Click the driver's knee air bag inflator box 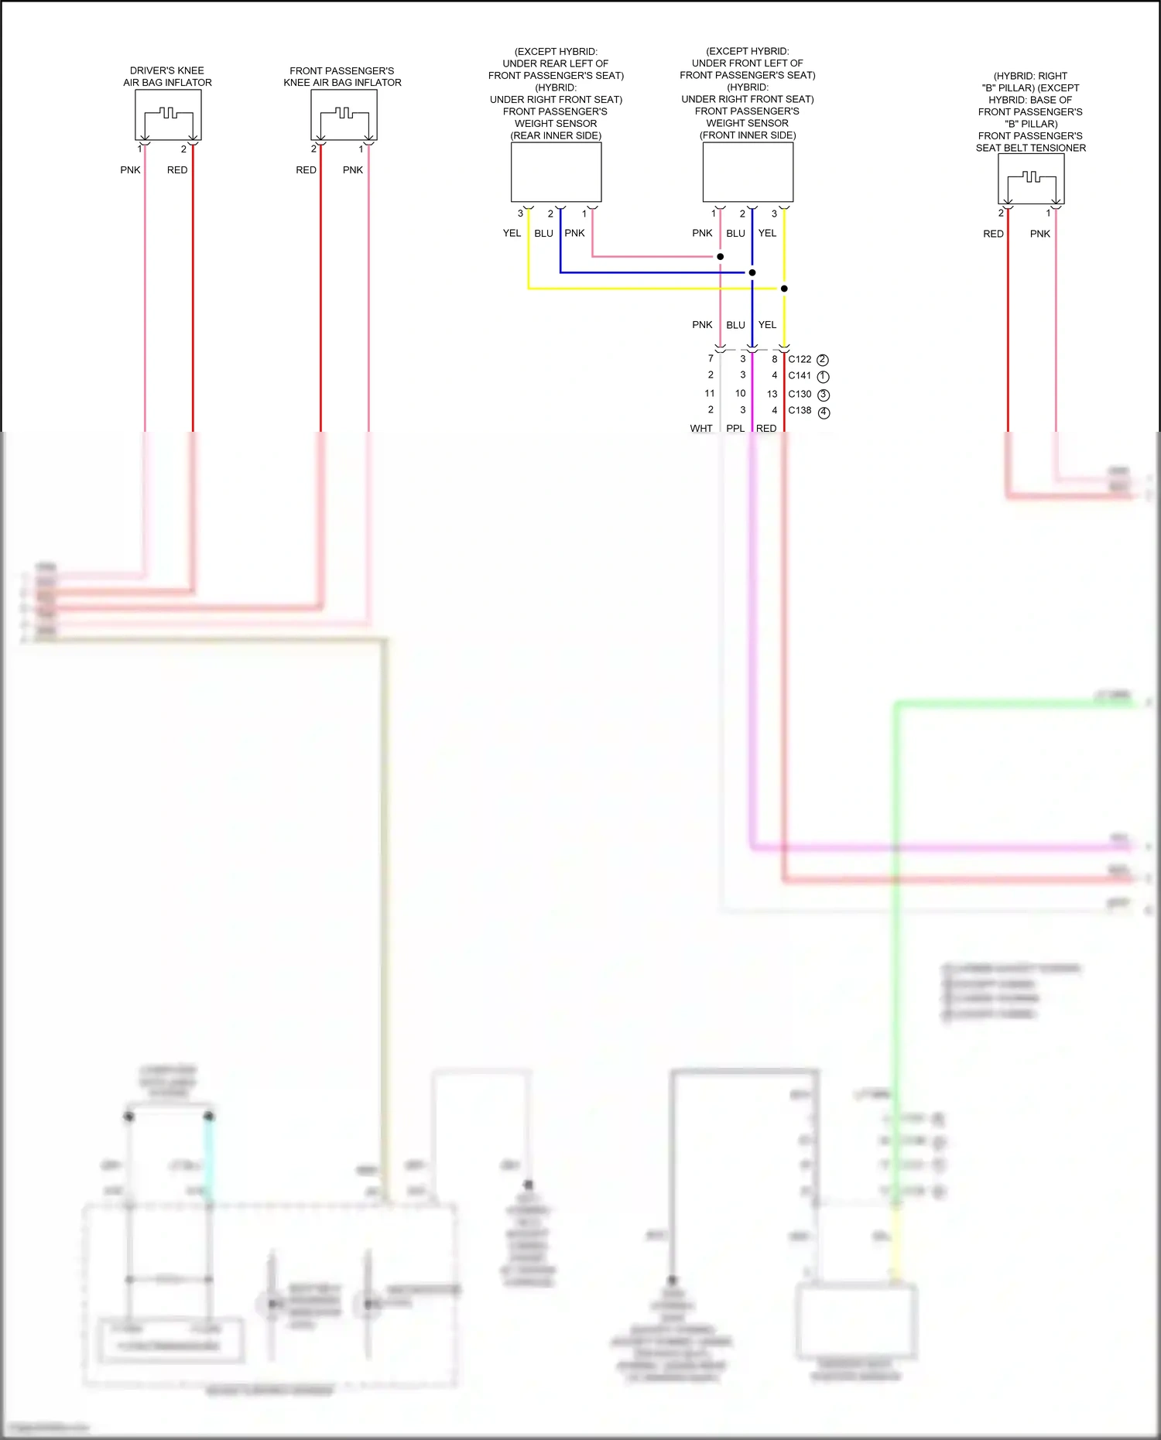[x=168, y=115]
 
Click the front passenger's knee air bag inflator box [x=344, y=115]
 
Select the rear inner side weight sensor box [x=556, y=172]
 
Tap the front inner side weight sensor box [x=748, y=172]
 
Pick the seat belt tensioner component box [x=1031, y=179]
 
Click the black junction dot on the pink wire [x=721, y=256]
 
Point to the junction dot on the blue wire [x=752, y=272]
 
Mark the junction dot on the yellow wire [x=784, y=289]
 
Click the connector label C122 [x=800, y=359]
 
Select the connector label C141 [x=800, y=376]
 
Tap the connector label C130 [x=800, y=394]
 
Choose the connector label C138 [x=800, y=411]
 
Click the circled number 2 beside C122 [x=823, y=360]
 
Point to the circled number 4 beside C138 [x=824, y=412]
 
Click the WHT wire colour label [x=701, y=429]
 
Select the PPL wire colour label [x=735, y=429]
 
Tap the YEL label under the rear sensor [x=512, y=233]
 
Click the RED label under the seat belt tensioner [x=993, y=234]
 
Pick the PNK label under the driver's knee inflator [x=130, y=169]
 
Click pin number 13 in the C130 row [x=772, y=394]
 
